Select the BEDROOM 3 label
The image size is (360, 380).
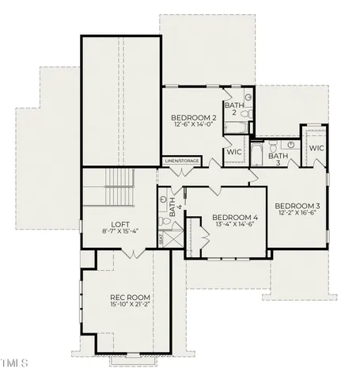pos(297,205)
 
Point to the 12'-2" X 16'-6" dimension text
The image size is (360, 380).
pos(297,213)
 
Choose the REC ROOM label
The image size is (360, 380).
pos(129,298)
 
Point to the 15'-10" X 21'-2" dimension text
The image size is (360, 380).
pos(129,306)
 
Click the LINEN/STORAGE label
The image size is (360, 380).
pos(182,161)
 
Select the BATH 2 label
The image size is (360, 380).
pos(233,108)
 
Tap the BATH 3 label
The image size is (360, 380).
pos(278,159)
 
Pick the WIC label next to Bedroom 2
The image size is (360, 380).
pos(234,151)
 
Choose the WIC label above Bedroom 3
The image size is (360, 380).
pos(316,148)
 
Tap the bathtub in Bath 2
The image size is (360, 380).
pos(234,127)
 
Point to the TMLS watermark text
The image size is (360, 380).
pos(14,363)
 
